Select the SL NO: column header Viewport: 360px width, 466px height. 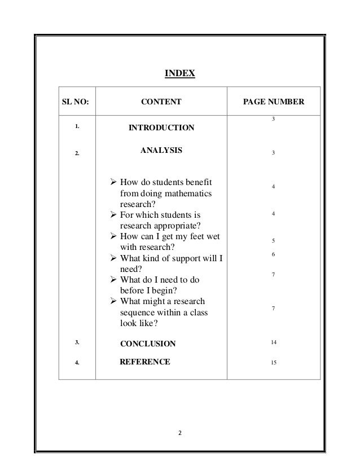76,103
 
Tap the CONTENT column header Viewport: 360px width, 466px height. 161,103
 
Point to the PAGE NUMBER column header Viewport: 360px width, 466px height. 273,103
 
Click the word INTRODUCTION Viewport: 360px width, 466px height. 161,129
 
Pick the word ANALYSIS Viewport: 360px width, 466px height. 161,151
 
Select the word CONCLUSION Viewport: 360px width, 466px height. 148,344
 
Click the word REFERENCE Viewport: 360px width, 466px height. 145,362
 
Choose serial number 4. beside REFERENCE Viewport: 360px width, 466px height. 76,362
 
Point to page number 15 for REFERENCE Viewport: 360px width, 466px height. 273,362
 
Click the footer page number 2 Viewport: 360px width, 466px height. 180,433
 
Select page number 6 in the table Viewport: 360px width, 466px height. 273,255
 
